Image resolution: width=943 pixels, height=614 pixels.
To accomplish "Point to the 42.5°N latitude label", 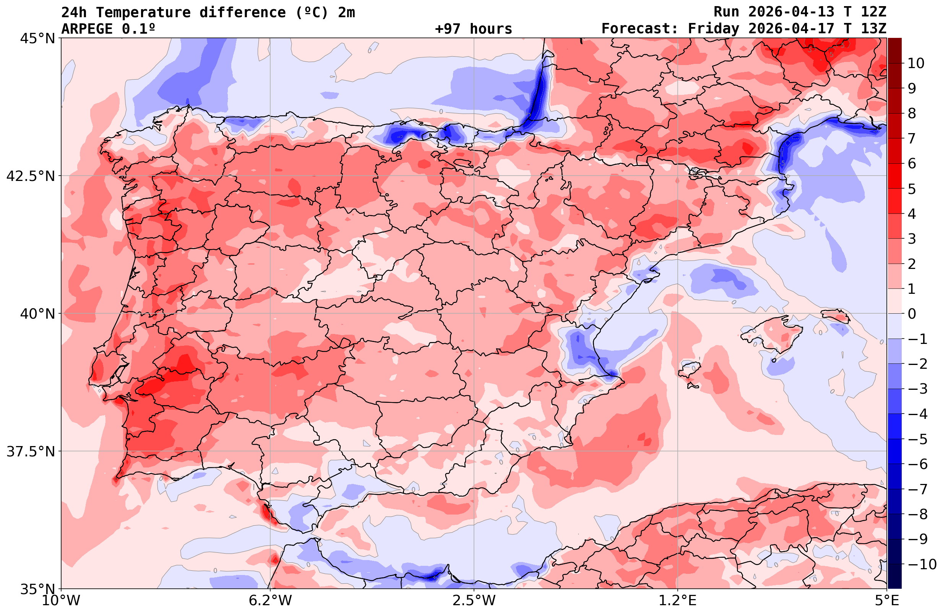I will [30, 176].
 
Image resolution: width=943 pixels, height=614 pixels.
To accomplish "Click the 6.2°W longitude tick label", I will [270, 601].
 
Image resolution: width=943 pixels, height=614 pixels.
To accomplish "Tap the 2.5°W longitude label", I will [474, 601].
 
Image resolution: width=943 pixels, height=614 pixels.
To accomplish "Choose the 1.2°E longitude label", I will [678, 601].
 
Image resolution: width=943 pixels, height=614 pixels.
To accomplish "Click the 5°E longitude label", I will [887, 601].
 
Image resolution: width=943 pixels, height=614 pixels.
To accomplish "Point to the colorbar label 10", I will [915, 63].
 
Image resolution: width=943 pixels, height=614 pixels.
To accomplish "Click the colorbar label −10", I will [922, 564].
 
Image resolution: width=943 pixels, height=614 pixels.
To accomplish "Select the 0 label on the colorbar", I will [912, 314].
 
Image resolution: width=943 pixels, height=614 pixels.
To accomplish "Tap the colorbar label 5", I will [912, 189].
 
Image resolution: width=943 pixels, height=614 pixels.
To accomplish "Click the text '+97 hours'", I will [474, 29].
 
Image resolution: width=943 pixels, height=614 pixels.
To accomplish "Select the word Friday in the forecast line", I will [713, 29].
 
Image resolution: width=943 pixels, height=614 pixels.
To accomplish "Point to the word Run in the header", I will [726, 12].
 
